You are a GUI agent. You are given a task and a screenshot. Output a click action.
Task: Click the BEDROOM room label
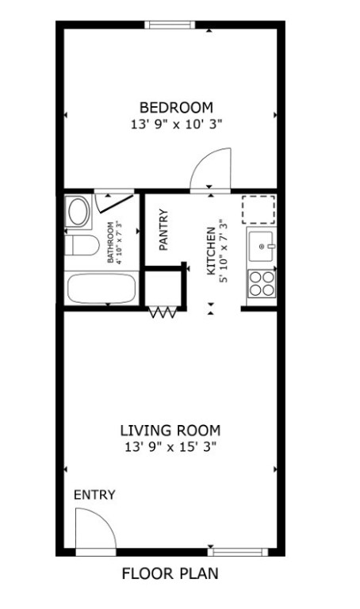[x=176, y=107]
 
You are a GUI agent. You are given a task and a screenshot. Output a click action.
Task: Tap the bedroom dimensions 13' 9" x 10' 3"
[x=176, y=124]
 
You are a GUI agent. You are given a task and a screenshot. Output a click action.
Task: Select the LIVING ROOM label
[x=170, y=431]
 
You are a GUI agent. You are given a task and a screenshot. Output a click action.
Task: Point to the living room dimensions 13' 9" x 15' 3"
[x=170, y=447]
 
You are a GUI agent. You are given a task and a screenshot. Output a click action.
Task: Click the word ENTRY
[x=94, y=495]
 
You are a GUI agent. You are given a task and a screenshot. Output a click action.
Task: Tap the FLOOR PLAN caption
[x=170, y=573]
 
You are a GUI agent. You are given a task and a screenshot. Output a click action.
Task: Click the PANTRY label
[x=164, y=229]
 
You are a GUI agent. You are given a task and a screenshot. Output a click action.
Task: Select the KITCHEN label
[x=210, y=251]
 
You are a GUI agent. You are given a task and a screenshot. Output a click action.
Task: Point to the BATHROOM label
[x=111, y=242]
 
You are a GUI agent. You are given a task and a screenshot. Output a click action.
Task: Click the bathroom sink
[x=79, y=211]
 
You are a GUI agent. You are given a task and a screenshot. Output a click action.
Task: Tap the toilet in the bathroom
[x=82, y=245]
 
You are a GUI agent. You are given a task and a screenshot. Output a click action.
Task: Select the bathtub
[x=101, y=288]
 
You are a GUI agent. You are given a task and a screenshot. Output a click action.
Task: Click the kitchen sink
[x=262, y=247]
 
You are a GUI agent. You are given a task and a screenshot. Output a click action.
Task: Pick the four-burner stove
[x=262, y=284]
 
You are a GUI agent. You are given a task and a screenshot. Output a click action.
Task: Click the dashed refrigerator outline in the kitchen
[x=259, y=209]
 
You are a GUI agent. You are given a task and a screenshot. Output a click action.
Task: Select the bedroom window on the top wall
[x=170, y=25]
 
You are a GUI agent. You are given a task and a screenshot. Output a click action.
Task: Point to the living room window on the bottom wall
[x=238, y=552]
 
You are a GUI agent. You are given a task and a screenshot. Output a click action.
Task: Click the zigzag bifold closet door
[x=163, y=312]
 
